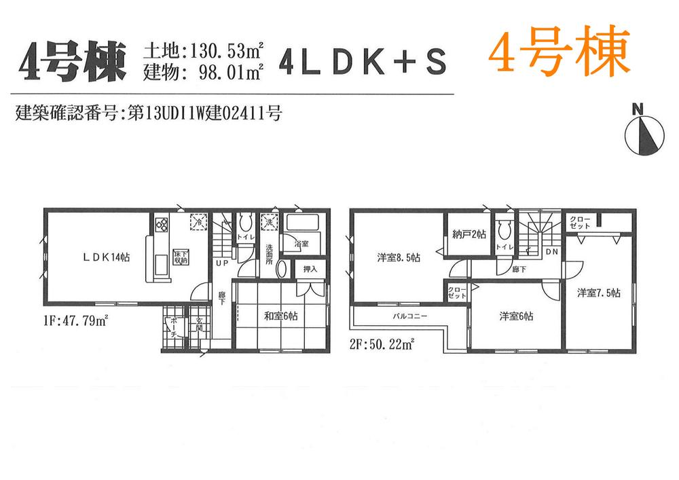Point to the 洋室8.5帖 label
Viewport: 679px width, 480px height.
[x=399, y=258]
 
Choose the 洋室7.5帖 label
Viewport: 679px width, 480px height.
[x=599, y=293]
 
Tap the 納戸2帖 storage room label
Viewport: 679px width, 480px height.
[x=469, y=235]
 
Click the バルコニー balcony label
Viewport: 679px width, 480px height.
[x=409, y=317]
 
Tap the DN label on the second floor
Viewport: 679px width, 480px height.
[x=552, y=251]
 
